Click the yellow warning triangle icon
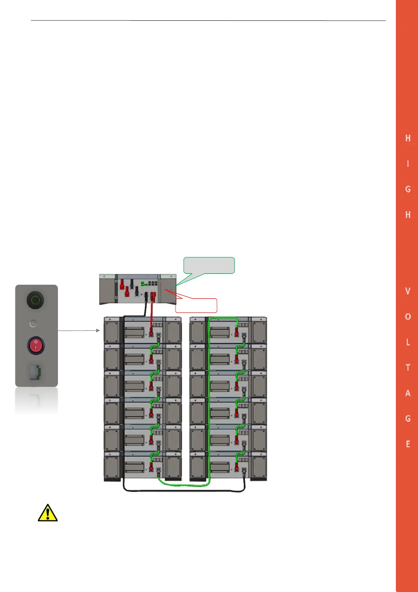click(x=47, y=513)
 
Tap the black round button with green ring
click(x=35, y=300)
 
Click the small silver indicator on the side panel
click(x=33, y=323)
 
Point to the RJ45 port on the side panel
click(x=35, y=372)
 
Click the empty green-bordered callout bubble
click(x=209, y=265)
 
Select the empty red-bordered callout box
click(x=196, y=305)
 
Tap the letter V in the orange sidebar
click(x=407, y=291)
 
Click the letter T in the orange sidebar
click(x=407, y=368)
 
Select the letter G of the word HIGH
click(x=407, y=189)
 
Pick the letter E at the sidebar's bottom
click(x=407, y=444)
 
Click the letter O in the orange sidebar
click(x=407, y=316)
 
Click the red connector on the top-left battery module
click(x=151, y=331)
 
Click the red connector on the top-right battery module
click(x=237, y=331)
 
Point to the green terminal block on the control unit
click(x=144, y=284)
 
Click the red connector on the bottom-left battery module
click(x=151, y=467)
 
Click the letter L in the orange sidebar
click(x=407, y=342)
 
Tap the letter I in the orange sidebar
click(x=407, y=164)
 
